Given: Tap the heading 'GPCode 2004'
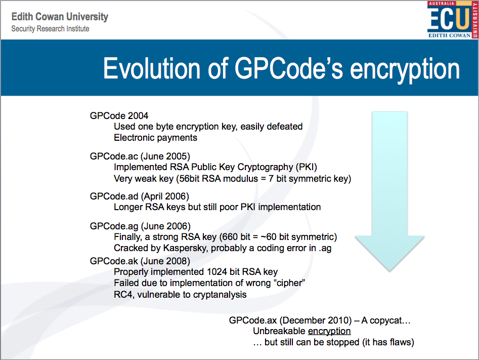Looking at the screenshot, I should tap(119, 116).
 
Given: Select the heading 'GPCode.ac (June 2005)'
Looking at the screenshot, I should tap(140, 156).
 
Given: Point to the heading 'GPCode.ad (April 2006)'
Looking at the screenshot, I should tap(139, 196).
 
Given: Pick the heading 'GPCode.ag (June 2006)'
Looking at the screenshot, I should tap(140, 226).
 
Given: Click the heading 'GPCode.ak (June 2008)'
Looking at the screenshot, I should tap(140, 261).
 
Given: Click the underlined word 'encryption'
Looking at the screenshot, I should tap(329, 331).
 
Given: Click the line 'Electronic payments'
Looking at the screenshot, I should tap(155, 137).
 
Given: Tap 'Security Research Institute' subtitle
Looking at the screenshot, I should tap(50, 29).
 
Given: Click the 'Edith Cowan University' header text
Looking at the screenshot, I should tap(60, 17).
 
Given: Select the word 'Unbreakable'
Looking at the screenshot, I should tap(279, 331).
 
